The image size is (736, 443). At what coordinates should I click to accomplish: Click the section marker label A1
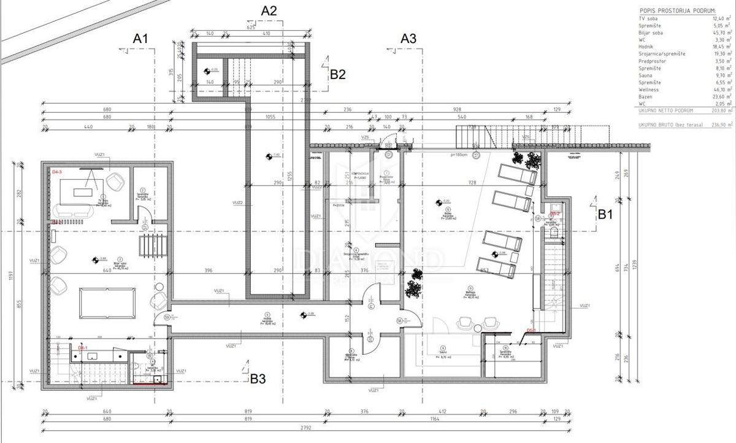point(141,38)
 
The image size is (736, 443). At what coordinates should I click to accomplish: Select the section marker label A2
point(269,10)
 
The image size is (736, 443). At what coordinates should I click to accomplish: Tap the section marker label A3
point(408,38)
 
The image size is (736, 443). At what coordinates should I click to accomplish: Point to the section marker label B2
point(339,74)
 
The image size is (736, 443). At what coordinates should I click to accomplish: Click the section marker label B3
point(258,379)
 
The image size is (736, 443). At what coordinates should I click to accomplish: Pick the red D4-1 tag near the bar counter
point(83,347)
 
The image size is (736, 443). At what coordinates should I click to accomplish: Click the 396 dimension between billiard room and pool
point(208,271)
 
